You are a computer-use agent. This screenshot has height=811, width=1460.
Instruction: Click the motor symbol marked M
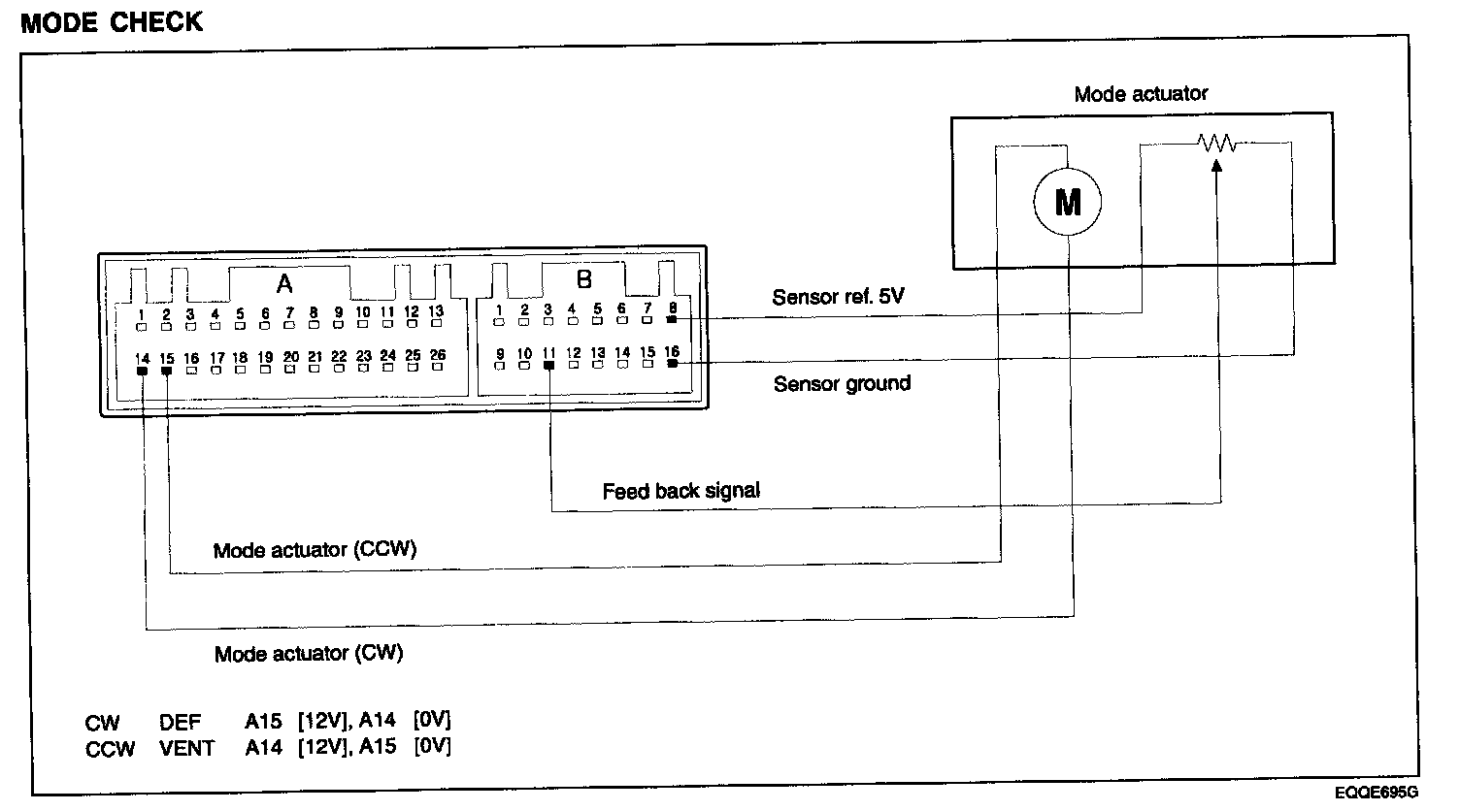click(1067, 201)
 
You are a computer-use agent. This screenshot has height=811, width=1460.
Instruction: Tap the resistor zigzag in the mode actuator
click(1216, 143)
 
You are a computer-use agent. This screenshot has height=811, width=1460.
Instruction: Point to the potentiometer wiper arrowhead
click(1216, 166)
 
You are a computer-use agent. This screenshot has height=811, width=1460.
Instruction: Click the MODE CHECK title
click(112, 22)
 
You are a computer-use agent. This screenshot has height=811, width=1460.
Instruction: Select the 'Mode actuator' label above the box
click(1141, 94)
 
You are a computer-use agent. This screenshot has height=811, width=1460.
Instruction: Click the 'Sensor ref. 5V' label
click(838, 297)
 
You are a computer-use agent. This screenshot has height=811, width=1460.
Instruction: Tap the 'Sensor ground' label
click(842, 384)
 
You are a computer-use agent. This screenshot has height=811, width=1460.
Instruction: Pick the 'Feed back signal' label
click(681, 491)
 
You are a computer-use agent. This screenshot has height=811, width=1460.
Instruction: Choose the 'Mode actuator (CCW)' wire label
click(315, 550)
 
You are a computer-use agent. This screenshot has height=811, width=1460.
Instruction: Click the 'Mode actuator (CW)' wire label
click(309, 654)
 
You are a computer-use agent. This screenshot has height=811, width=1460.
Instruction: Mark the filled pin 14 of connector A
click(142, 371)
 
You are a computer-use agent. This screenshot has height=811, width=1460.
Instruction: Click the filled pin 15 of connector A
click(166, 371)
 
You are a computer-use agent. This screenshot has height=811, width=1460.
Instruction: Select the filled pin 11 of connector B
click(548, 366)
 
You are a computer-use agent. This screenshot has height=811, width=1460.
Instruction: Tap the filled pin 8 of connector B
click(672, 319)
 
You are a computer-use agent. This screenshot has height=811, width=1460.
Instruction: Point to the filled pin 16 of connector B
click(672, 364)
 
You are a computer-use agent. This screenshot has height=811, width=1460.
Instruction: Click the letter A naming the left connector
click(284, 284)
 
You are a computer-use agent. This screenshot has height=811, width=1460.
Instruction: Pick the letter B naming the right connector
click(584, 279)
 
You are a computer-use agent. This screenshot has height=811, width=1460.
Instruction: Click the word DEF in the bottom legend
click(180, 723)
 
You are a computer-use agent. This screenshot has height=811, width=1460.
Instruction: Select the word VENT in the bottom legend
click(186, 749)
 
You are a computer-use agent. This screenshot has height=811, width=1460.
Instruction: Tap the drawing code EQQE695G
click(1376, 793)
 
